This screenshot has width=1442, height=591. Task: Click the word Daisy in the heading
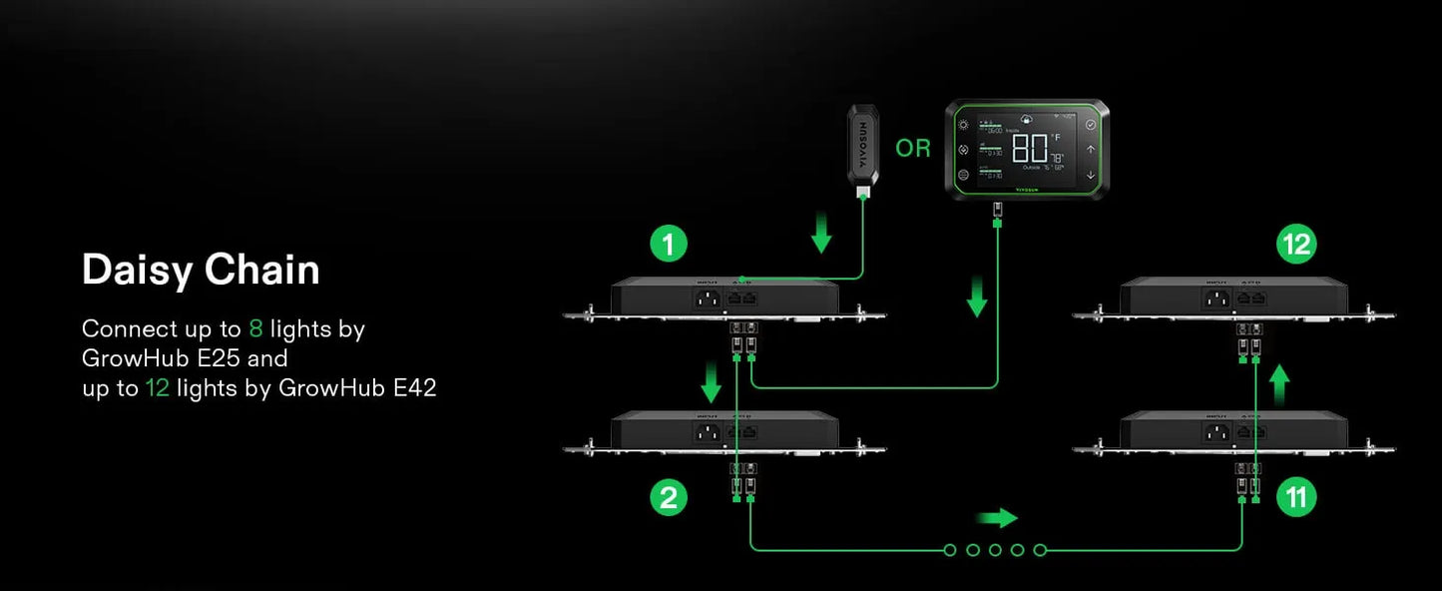click(x=137, y=271)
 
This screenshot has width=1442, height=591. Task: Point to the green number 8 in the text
click(x=254, y=329)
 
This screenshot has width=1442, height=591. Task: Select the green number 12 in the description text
click(x=157, y=388)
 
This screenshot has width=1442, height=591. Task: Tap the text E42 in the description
click(x=415, y=388)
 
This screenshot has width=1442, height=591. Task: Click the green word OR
click(x=912, y=149)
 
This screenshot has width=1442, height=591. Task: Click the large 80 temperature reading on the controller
click(x=1030, y=149)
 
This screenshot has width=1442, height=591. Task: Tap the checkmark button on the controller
click(x=1091, y=125)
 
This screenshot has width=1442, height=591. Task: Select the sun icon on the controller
click(x=963, y=125)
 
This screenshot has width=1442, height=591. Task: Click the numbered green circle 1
click(x=669, y=244)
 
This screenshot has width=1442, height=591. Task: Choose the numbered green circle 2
click(x=669, y=497)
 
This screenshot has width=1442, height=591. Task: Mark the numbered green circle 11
click(x=1296, y=497)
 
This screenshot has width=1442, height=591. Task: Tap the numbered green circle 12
click(x=1296, y=244)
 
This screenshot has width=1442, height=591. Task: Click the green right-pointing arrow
click(x=996, y=518)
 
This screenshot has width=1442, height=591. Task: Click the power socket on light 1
click(x=708, y=297)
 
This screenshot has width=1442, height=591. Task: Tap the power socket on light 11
click(x=1215, y=432)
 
